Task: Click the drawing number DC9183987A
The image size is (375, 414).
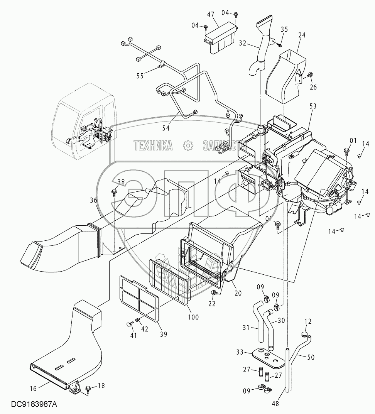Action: [34, 404]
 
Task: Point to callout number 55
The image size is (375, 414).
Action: [139, 76]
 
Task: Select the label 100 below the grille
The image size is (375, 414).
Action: [193, 317]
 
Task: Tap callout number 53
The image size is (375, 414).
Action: [313, 106]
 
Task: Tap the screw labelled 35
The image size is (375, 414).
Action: [280, 44]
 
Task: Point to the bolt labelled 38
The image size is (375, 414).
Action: [114, 191]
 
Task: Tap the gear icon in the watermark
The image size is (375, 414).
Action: [187, 145]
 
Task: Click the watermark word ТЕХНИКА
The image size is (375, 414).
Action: [153, 145]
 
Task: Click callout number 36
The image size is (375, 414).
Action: [93, 200]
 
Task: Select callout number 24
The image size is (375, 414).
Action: [302, 35]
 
